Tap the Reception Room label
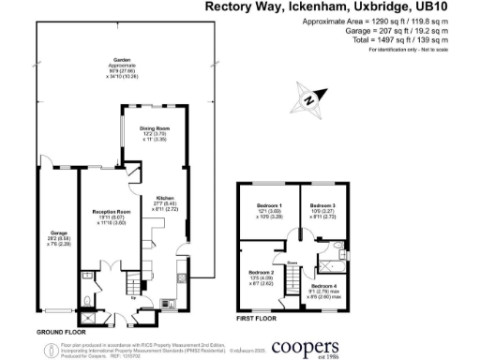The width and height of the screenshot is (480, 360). tap(110, 212)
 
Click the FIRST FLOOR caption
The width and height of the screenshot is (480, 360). tap(257, 319)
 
